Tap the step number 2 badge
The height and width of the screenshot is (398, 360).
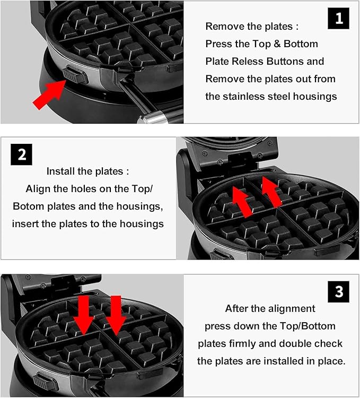tap(22, 155)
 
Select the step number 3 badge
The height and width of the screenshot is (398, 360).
tap(338, 292)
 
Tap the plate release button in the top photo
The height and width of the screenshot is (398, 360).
tap(75, 75)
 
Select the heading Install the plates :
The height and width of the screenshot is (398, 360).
tap(87, 171)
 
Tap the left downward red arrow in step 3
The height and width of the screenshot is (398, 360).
tap(84, 315)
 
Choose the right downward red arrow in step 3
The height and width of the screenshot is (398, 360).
tap(116, 315)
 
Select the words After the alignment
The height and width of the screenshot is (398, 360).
tap(270, 308)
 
